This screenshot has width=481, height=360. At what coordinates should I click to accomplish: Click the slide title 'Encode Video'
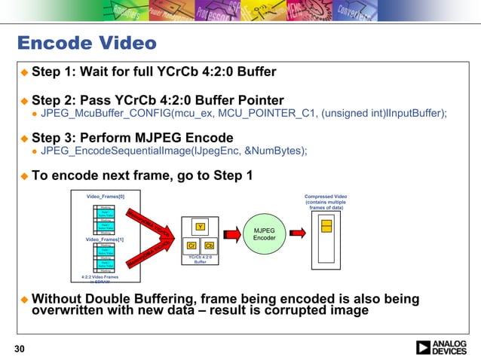[x=87, y=43]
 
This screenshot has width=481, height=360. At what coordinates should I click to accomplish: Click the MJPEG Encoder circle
[x=265, y=234]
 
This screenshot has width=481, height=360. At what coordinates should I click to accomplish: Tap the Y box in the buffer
[x=200, y=227]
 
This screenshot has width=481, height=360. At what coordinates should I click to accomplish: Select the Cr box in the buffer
[x=191, y=246]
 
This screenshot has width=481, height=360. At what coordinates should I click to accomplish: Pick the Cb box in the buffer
[x=209, y=246]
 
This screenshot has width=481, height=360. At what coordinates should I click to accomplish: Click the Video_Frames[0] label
[x=105, y=196]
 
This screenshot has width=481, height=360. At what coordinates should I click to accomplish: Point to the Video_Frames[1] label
[x=105, y=239]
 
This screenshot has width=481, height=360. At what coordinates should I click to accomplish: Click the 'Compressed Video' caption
[x=325, y=197]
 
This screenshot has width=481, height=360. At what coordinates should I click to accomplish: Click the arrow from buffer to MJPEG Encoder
[x=231, y=235]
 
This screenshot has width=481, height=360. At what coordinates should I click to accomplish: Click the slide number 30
[x=20, y=347]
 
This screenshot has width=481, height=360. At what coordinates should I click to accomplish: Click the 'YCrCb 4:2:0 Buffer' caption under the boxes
[x=200, y=260]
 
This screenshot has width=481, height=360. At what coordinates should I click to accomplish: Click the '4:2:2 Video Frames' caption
[x=100, y=277]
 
